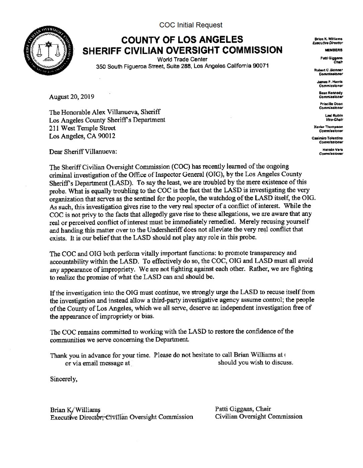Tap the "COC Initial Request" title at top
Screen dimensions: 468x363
191,25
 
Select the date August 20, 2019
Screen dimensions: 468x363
72,97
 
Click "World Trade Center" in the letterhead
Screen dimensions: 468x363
182,59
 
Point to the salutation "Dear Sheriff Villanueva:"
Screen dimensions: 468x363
83,151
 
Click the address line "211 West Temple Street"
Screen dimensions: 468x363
82,128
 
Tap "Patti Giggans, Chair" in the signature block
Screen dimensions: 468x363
243,409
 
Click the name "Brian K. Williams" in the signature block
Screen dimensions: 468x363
75,410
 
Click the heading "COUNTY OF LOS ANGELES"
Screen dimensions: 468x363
182,40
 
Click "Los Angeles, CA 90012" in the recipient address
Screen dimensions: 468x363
83,136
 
